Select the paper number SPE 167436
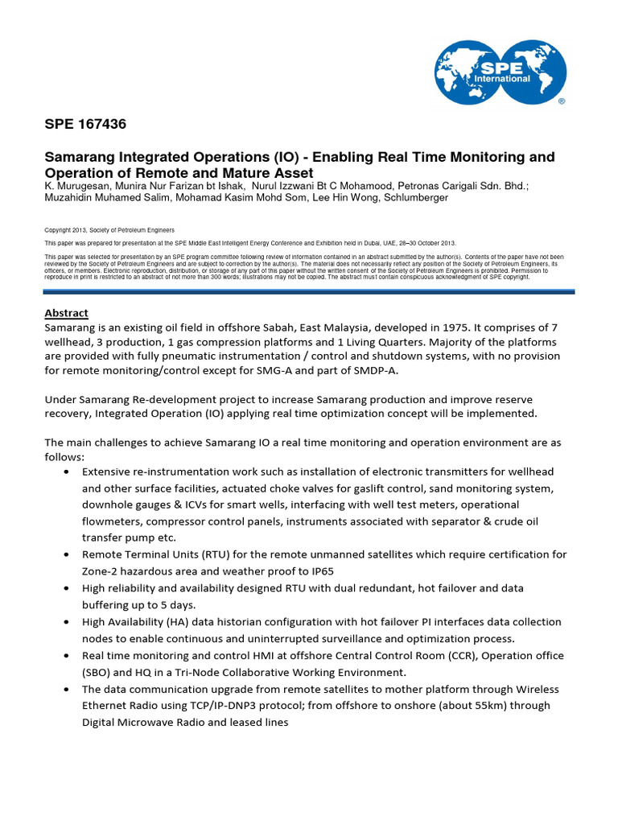click(84, 125)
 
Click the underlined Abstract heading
click(66, 313)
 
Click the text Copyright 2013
click(72, 230)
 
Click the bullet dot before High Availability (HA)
click(65, 623)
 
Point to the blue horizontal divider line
click(309, 291)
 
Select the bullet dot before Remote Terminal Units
click(65, 555)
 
